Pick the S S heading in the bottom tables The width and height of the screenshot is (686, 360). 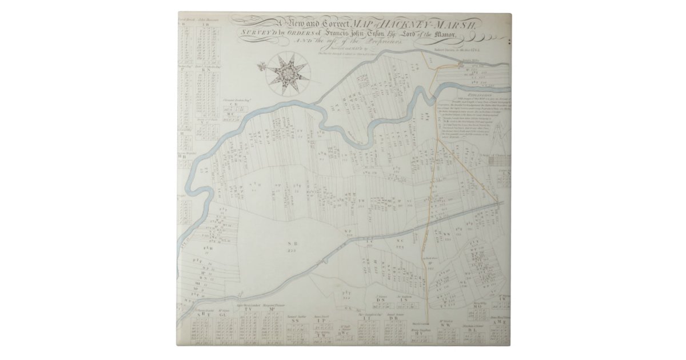296,321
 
